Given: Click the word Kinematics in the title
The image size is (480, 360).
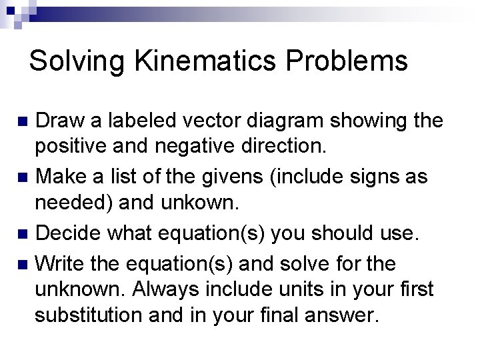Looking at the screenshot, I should (x=219, y=61).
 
